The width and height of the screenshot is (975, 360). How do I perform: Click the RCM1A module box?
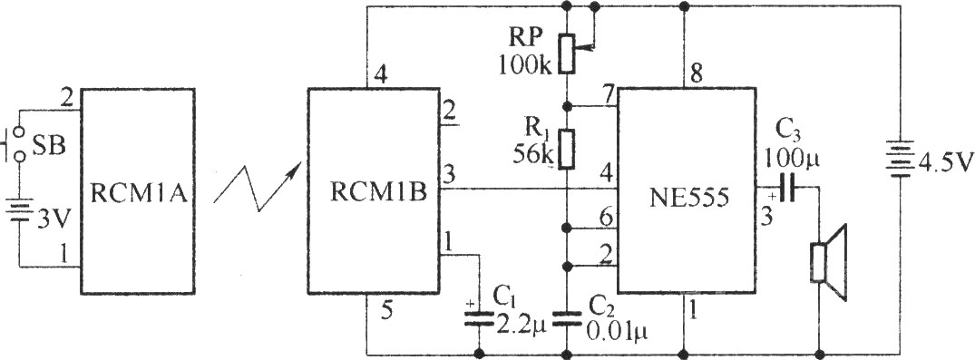pyautogui.click(x=138, y=190)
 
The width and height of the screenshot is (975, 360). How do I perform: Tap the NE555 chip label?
pyautogui.click(x=687, y=198)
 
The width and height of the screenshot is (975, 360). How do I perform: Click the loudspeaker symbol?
pyautogui.click(x=828, y=264)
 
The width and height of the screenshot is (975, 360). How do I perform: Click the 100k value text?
pyautogui.click(x=525, y=66)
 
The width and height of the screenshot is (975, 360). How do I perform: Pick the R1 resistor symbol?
pyautogui.click(x=567, y=150)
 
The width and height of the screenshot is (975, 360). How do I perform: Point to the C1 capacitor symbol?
pyautogui.click(x=480, y=319)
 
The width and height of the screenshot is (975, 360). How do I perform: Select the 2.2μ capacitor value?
pyautogui.click(x=520, y=325)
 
